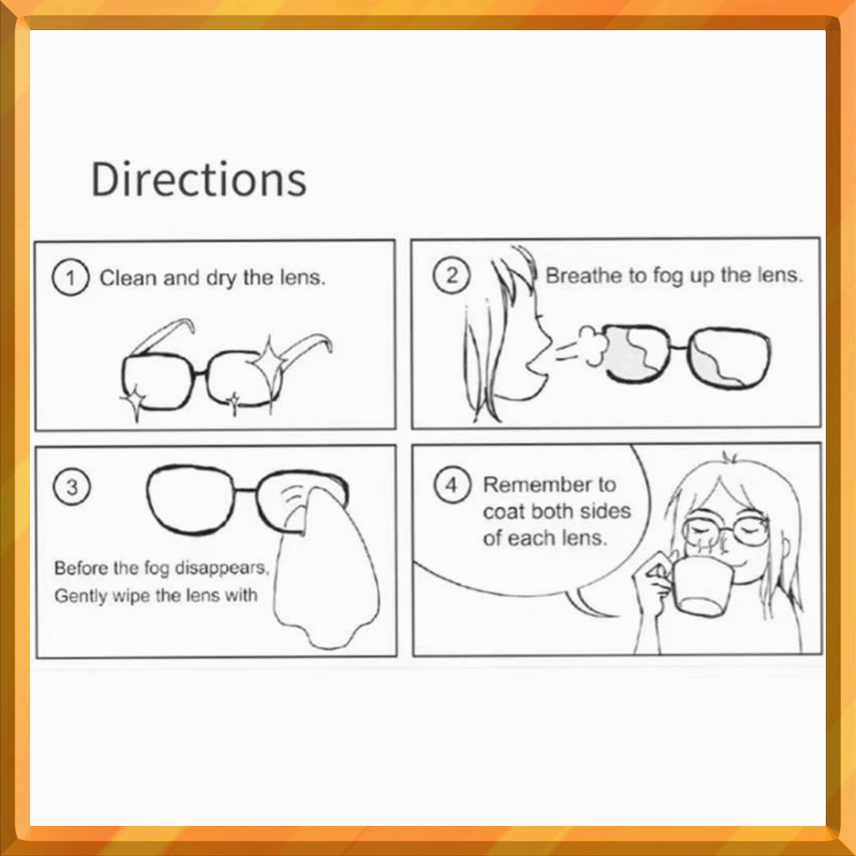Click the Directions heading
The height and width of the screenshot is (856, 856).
coord(199,179)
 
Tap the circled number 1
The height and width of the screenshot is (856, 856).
coord(70,278)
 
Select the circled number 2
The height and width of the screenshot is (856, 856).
coord(451,275)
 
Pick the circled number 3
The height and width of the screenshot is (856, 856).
coord(72,487)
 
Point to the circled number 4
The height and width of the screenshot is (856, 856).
coord(452,485)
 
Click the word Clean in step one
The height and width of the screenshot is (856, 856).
coord(128,278)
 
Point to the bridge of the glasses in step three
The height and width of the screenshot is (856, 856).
coord(246,490)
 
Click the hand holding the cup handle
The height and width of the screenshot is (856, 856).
coord(653,578)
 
